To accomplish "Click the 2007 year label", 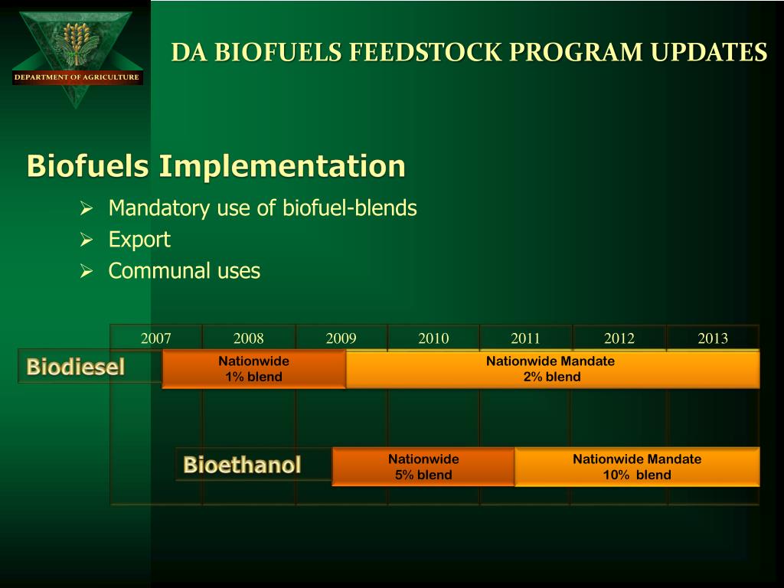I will (156, 338).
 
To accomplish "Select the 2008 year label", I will (249, 338).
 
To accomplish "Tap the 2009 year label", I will (341, 338).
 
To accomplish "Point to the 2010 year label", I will (433, 338).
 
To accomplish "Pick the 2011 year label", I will (526, 338).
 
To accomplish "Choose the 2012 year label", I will (619, 338).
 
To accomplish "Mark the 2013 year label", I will (713, 338).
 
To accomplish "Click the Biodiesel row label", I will (76, 367).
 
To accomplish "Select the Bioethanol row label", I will (242, 465).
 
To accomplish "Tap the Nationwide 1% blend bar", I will (253, 369).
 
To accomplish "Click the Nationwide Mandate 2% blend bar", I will (552, 369).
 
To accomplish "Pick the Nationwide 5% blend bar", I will (423, 467).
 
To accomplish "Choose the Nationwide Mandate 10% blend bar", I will (637, 467).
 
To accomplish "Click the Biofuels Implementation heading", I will (217, 166).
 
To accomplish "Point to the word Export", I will (139, 240).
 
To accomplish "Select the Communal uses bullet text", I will (185, 271).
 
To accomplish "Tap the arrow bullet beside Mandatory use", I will (87, 209).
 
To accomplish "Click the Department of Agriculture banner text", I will (77, 77).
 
